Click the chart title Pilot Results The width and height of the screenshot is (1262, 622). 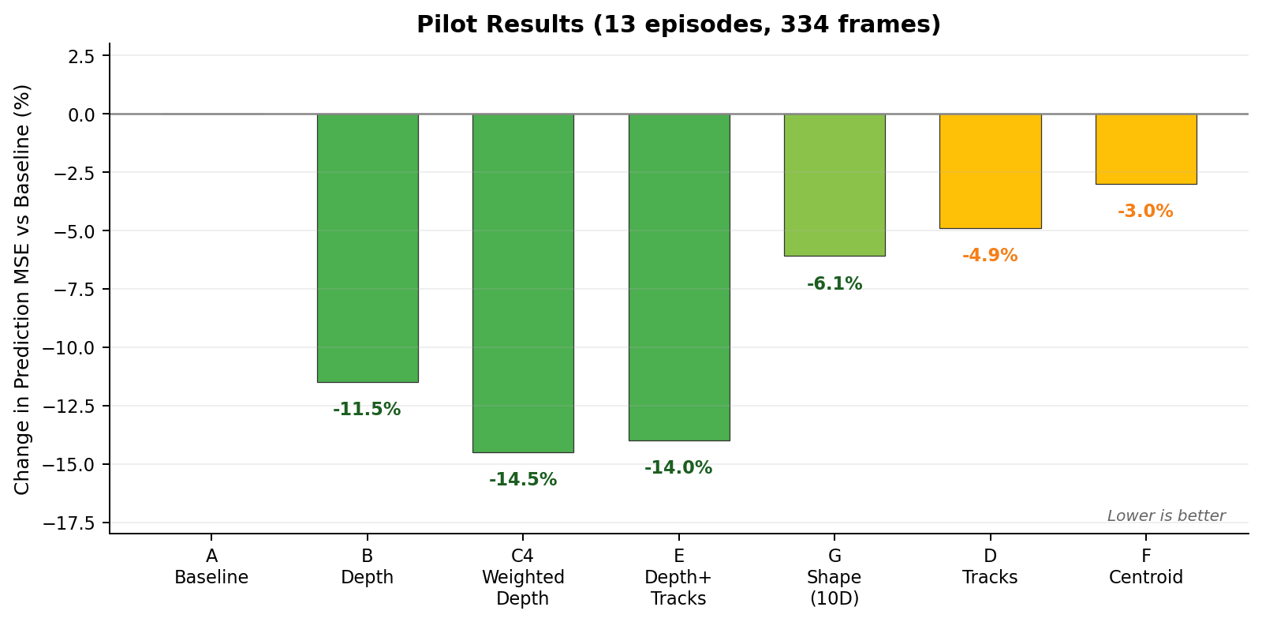click(x=678, y=24)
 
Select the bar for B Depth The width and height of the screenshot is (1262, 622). click(x=368, y=248)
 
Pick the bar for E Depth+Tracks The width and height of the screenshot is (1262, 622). click(x=679, y=277)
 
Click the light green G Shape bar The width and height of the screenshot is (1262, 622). click(x=834, y=185)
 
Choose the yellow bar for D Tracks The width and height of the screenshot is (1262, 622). click(x=990, y=171)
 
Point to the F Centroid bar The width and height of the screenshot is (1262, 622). click(x=1146, y=149)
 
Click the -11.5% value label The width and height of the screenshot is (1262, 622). click(x=367, y=410)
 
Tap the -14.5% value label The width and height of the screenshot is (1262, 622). click(x=523, y=480)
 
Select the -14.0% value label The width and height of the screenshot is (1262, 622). click(x=678, y=468)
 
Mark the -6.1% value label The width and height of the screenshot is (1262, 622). click(x=834, y=284)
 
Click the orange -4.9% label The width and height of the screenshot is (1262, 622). click(x=990, y=256)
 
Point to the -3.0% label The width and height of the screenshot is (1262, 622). click(x=1145, y=212)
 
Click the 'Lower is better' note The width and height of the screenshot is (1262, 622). click(x=1166, y=516)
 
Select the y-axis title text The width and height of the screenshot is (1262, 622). click(x=22, y=289)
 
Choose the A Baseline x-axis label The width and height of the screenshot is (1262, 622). click(x=211, y=568)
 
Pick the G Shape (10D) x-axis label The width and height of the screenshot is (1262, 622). click(x=834, y=578)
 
